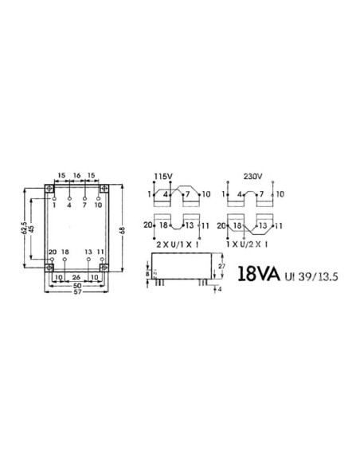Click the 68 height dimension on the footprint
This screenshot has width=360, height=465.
click(121, 231)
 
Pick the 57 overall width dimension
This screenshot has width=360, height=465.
click(76, 292)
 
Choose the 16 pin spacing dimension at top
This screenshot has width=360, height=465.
click(76, 174)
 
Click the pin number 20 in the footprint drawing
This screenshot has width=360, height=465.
click(52, 252)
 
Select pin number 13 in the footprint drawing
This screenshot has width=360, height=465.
click(88, 252)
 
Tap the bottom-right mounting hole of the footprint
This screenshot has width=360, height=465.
click(104, 268)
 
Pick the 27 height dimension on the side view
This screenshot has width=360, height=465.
click(220, 269)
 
